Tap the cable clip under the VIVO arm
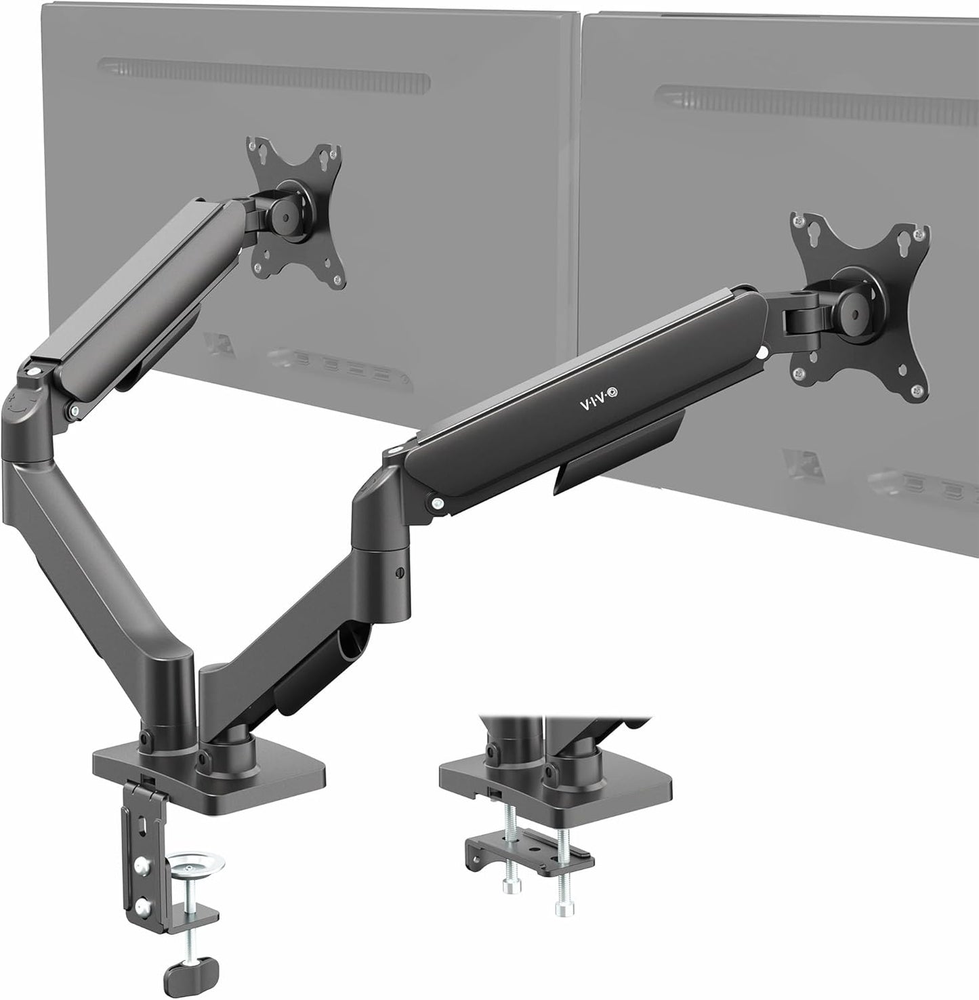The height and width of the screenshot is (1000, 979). (583, 474)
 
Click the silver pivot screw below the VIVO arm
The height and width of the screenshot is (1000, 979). (438, 503)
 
